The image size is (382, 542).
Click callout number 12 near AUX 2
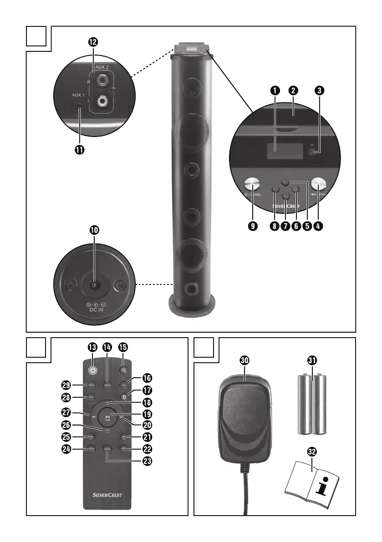coord(93,42)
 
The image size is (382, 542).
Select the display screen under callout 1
coord(285,154)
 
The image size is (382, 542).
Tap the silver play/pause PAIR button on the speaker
coord(319,184)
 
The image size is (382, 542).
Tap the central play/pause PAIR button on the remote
coord(108,418)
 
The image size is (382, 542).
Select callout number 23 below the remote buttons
coord(147,461)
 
